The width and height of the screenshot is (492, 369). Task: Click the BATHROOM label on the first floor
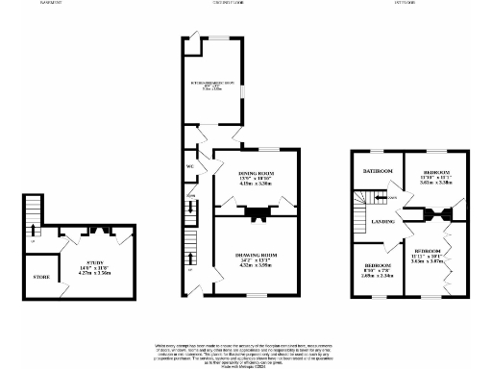coord(377,170)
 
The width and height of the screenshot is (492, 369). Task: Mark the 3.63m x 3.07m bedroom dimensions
coord(432,261)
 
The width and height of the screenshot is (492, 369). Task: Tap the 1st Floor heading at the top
coord(404,3)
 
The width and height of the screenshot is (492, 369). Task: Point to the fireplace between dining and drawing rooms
coord(255,213)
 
